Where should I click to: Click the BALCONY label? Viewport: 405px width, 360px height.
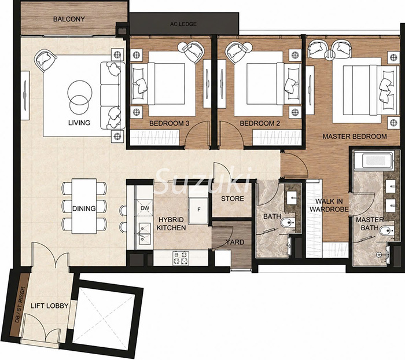pos(69,19)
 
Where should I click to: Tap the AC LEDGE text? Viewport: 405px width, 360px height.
pos(183,24)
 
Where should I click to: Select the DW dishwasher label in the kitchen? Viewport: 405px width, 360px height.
pos(145,208)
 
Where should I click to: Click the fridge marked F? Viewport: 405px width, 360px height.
pos(198,210)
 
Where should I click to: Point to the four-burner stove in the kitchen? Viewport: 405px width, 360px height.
pos(181,258)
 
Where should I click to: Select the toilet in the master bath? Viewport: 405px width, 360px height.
pos(386,230)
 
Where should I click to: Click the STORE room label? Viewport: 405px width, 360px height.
pos(233,199)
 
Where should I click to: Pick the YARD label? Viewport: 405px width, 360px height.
pos(235,242)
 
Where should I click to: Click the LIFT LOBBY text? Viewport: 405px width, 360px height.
pos(49,306)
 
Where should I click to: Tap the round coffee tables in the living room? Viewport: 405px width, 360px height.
pos(80,97)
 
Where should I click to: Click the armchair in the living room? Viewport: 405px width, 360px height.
pos(45,60)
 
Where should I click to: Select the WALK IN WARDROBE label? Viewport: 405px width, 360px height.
pos(329,205)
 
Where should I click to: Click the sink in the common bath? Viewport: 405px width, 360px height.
pos(293,198)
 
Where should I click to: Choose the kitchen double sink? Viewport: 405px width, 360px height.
pos(145,234)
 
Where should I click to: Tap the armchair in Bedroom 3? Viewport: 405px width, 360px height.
pos(192,51)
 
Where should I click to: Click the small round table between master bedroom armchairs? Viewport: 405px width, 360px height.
pos(330,55)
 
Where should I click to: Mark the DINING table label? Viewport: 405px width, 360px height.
pos(84,208)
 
